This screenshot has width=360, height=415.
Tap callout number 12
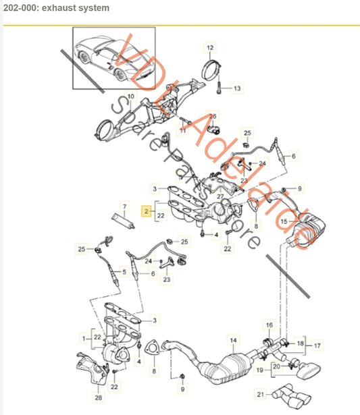point(209,47)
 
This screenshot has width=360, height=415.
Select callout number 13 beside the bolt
point(236,88)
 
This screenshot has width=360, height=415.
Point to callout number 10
point(130,96)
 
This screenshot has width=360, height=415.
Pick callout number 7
point(124,204)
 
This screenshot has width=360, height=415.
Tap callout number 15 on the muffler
point(284,221)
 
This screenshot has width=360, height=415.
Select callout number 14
point(234,340)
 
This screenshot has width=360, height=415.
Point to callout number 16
point(268,325)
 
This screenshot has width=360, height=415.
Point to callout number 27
point(220,196)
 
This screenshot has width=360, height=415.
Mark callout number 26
point(211,116)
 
